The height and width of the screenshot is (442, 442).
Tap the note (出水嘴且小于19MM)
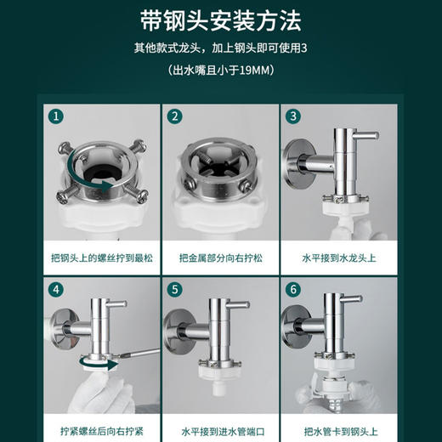(220, 72)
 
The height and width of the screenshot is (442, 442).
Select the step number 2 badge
(174, 116)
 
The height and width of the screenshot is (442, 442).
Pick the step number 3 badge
(292, 116)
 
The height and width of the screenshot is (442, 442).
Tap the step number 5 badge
(174, 289)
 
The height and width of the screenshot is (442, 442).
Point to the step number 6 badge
(292, 289)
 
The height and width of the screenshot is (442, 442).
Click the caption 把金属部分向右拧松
(220, 254)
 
